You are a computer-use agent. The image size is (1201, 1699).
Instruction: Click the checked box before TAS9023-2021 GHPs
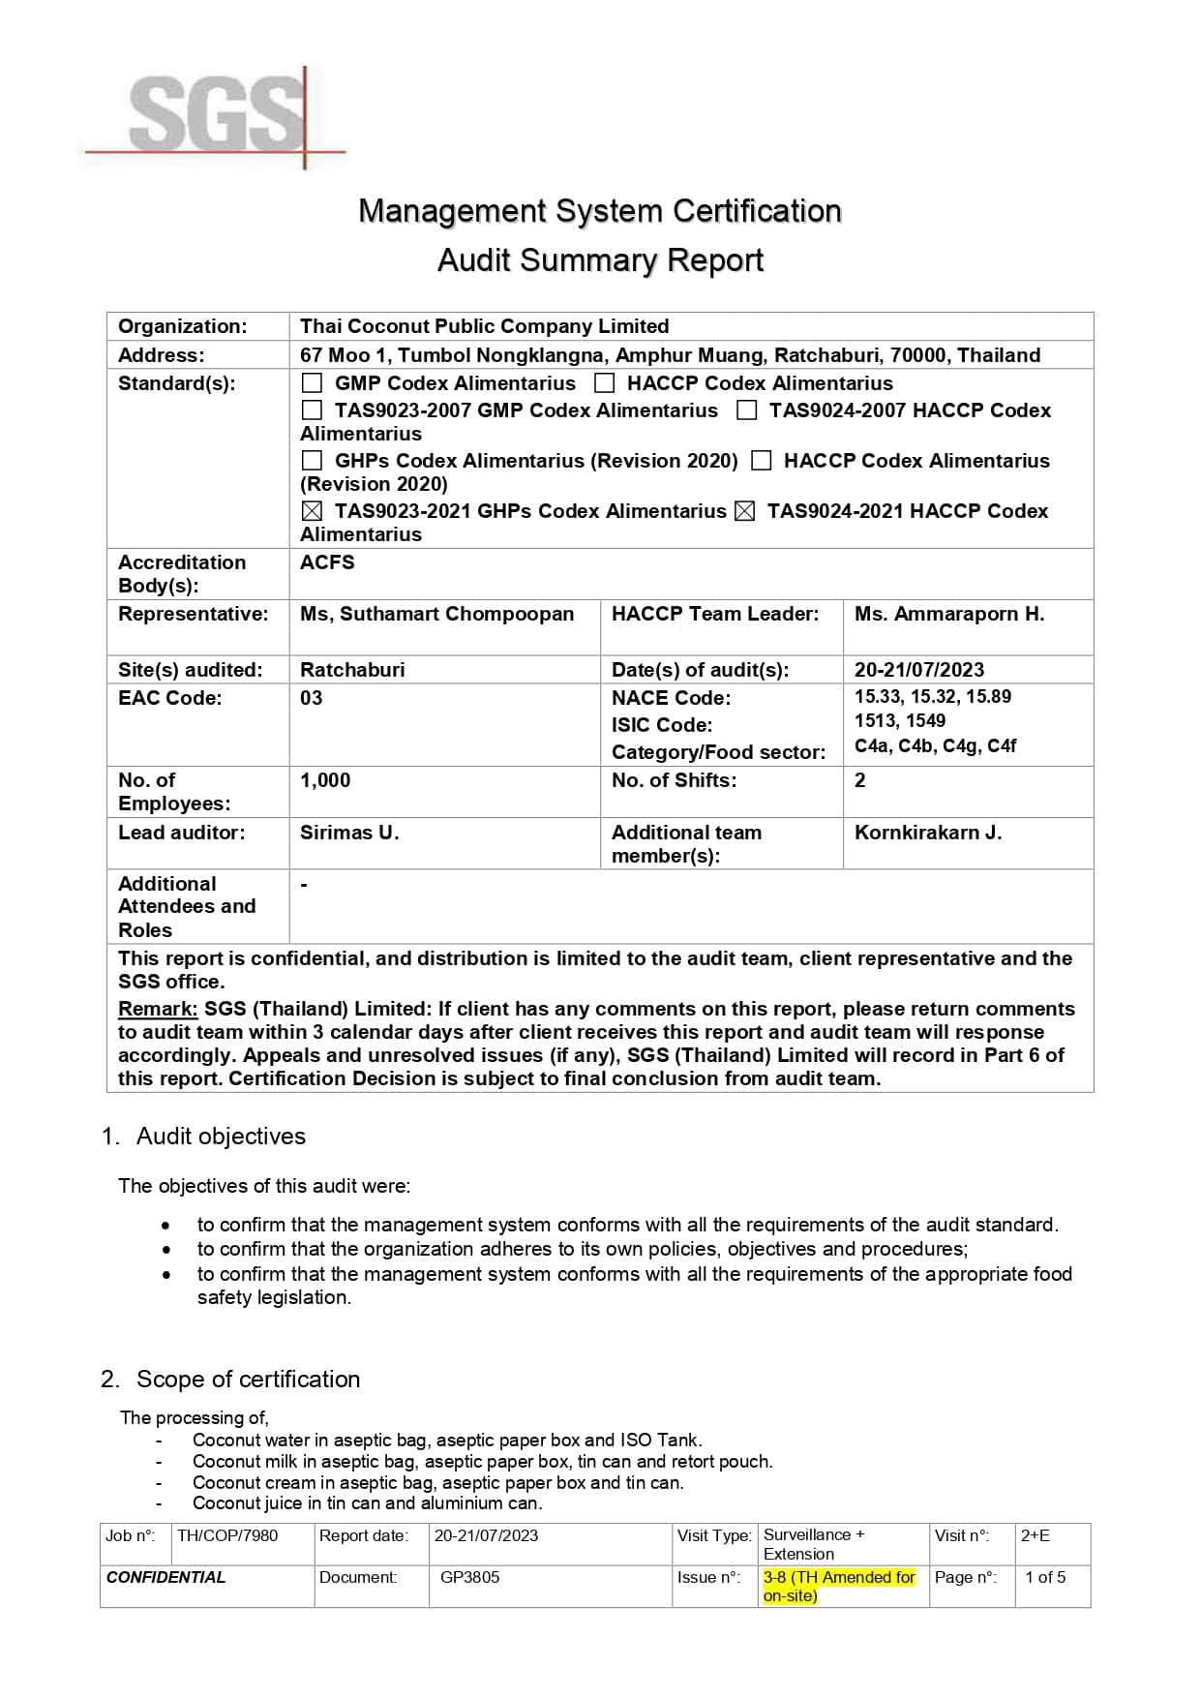click(x=312, y=511)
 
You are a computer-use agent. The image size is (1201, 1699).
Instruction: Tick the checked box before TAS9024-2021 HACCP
click(x=744, y=511)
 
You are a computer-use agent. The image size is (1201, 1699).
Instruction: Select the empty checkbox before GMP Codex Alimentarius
click(x=312, y=383)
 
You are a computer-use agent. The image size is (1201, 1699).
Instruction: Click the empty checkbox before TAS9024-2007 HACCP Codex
click(x=746, y=410)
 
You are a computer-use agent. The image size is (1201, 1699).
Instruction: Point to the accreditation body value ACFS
click(x=327, y=562)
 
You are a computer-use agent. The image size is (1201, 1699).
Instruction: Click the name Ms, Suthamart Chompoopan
click(x=436, y=614)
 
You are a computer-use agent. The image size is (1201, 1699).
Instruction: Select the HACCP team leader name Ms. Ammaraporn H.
click(x=948, y=614)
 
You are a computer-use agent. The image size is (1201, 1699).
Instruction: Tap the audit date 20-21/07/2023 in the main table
click(x=918, y=670)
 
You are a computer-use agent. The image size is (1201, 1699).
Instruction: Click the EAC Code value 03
click(x=311, y=698)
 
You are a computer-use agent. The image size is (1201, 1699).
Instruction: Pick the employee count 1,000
click(x=325, y=780)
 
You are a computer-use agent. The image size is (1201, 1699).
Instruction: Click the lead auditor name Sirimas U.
click(x=348, y=833)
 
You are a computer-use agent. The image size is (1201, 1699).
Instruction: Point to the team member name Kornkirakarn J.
click(x=927, y=833)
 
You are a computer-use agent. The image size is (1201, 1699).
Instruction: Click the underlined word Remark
click(x=158, y=1009)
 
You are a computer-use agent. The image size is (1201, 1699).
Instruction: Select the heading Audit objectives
click(x=221, y=1137)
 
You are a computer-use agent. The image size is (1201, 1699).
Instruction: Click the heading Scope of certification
click(x=248, y=1380)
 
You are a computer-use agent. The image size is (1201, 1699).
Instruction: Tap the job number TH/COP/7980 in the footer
click(x=227, y=1535)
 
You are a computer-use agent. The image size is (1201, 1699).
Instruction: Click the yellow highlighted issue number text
click(x=838, y=1586)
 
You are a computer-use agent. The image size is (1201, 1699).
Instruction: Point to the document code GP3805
click(x=469, y=1577)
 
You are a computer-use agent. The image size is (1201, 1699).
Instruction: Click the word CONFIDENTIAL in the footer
click(x=165, y=1577)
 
